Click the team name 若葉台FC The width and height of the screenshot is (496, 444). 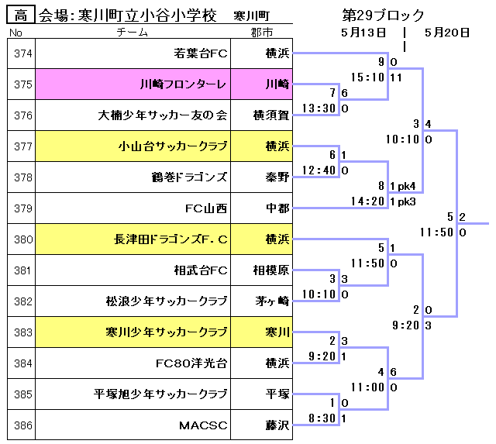click(201, 53)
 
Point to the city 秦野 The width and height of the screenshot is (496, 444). click(277, 177)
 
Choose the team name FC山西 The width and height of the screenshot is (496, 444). click(206, 208)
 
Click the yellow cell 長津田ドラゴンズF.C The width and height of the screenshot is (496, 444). click(170, 239)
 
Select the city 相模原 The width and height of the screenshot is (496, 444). click(272, 270)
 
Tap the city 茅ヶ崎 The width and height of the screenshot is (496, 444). click(273, 301)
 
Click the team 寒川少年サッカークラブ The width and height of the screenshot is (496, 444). click(166, 332)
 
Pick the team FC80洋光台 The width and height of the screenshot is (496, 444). click(191, 363)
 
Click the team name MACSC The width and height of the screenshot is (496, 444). click(203, 425)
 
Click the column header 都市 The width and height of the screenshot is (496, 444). click(262, 32)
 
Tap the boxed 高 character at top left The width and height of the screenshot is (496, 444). click(20, 15)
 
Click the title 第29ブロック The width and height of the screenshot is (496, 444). click(383, 15)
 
